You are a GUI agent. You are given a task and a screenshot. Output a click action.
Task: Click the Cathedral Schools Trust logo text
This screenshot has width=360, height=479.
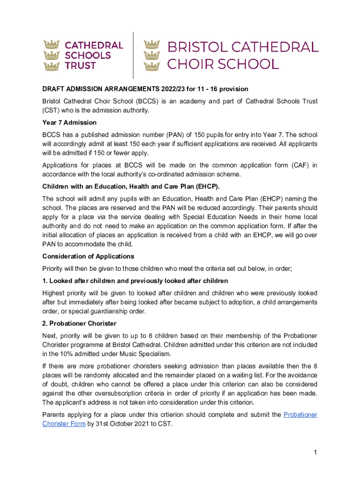pyautogui.click(x=94, y=55)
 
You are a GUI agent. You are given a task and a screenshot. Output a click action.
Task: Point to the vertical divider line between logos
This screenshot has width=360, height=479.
pyautogui.click(x=133, y=55)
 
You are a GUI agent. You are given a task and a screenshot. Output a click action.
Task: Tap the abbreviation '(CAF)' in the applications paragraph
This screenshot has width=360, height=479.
pyautogui.click(x=296, y=165)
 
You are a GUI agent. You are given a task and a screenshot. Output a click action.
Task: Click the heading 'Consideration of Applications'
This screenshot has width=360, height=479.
pyautogui.click(x=88, y=256)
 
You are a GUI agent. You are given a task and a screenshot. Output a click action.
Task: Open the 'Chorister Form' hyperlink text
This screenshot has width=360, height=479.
pyautogui.click(x=64, y=424)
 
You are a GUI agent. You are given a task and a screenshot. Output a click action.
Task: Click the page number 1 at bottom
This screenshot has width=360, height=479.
pyautogui.click(x=316, y=452)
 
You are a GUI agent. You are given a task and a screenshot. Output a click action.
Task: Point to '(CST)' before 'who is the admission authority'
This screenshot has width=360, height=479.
pyautogui.click(x=51, y=110)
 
